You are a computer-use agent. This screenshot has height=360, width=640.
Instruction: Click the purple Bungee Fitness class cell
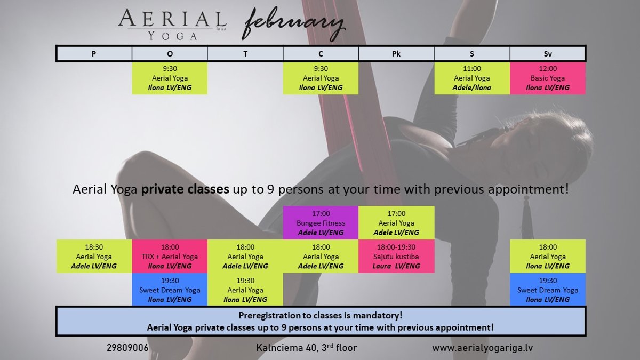pyautogui.click(x=321, y=222)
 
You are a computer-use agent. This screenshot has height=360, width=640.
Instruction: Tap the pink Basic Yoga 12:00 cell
pyautogui.click(x=548, y=78)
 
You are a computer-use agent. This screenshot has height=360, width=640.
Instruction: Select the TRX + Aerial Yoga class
pyautogui.click(x=170, y=257)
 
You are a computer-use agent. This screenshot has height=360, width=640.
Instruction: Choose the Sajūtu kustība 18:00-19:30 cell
pyautogui.click(x=396, y=257)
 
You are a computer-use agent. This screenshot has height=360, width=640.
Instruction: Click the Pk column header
pyautogui.click(x=396, y=54)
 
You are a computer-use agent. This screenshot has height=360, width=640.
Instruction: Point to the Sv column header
pyautogui.click(x=547, y=54)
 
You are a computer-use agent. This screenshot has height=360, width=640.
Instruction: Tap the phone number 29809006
pyautogui.click(x=127, y=348)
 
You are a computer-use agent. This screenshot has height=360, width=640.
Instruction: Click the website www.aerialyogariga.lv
pyautogui.click(x=482, y=348)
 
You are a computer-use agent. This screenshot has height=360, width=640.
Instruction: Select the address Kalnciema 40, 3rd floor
pyautogui.click(x=307, y=347)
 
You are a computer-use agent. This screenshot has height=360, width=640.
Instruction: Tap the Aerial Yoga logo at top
pyautogui.click(x=172, y=24)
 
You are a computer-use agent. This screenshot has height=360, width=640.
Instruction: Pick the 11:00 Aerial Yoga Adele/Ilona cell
pyautogui.click(x=472, y=78)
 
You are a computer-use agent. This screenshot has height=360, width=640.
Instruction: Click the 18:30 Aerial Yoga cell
pyautogui.click(x=94, y=257)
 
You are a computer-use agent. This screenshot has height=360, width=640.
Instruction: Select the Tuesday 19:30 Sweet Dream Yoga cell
pyautogui.click(x=170, y=290)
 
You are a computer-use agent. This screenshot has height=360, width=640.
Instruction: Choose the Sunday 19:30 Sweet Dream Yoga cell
pyautogui.click(x=548, y=290)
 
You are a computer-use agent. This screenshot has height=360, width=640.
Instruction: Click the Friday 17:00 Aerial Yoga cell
pyautogui.click(x=396, y=222)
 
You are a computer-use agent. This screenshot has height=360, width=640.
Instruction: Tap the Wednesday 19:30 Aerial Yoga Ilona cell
pyautogui.click(x=245, y=290)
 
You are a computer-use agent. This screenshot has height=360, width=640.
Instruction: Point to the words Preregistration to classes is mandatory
pyautogui.click(x=321, y=315)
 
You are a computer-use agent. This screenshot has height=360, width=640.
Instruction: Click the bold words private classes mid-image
pyautogui.click(x=185, y=189)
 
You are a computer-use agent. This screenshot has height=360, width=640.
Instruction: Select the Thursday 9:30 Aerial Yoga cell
pyautogui.click(x=321, y=78)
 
